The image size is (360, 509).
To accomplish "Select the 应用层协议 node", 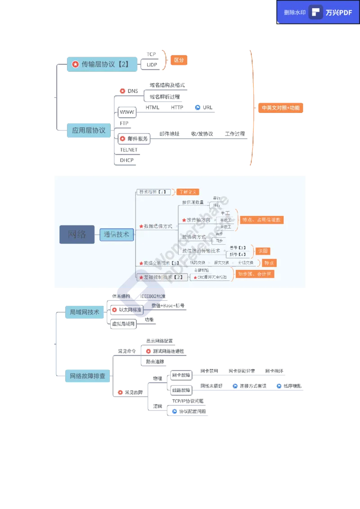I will pyautogui.click(x=89, y=130).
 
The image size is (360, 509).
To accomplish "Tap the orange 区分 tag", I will pyautogui.click(x=179, y=60).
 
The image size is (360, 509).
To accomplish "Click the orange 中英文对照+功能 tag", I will pyautogui.click(x=280, y=108).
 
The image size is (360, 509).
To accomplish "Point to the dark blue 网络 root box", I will pyautogui.click(x=77, y=234).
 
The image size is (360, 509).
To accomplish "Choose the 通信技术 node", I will pyautogui.click(x=117, y=234).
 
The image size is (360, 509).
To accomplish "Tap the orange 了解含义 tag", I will pyautogui.click(x=188, y=192).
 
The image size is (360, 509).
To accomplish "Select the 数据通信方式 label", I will pyautogui.click(x=157, y=226).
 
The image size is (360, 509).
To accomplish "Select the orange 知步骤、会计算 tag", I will pyautogui.click(x=255, y=274).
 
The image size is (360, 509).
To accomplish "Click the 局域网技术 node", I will pyautogui.click(x=85, y=312).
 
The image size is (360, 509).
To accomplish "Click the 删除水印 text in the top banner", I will pyautogui.click(x=295, y=13).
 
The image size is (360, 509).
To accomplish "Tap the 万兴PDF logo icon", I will pyautogui.click(x=316, y=12).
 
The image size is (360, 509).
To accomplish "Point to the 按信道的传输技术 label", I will pyautogui.click(x=201, y=251).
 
